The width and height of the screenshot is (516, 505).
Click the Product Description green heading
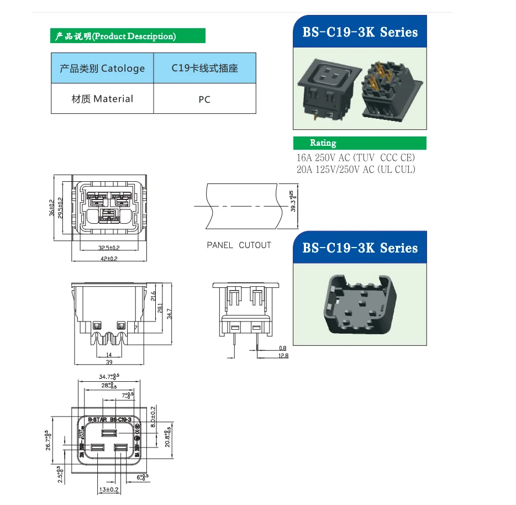pyautogui.click(x=128, y=36)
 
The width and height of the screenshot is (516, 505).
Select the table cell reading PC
pyautogui.click(x=204, y=100)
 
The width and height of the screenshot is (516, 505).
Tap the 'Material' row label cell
pyautogui.click(x=102, y=99)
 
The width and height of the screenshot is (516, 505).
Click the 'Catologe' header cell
pyautogui.click(x=102, y=69)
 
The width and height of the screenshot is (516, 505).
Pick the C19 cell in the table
pyautogui.click(x=204, y=69)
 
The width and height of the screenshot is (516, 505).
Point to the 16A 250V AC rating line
pyautogui.click(x=355, y=158)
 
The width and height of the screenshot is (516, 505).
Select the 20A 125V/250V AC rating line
pyautogui.click(x=355, y=170)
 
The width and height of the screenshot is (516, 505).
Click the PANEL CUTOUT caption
pyautogui.click(x=239, y=245)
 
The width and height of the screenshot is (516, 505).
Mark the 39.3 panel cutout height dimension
pyautogui.click(x=293, y=202)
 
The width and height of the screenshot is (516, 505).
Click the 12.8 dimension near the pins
pyautogui.click(x=283, y=356)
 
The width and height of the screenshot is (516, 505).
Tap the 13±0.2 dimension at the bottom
pyautogui.click(x=109, y=490)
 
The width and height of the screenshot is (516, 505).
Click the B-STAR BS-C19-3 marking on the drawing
pyautogui.click(x=109, y=420)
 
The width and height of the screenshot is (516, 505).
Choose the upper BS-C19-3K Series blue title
pyautogui.click(x=360, y=32)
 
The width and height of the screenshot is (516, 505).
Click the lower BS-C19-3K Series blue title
pyautogui.click(x=360, y=248)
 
